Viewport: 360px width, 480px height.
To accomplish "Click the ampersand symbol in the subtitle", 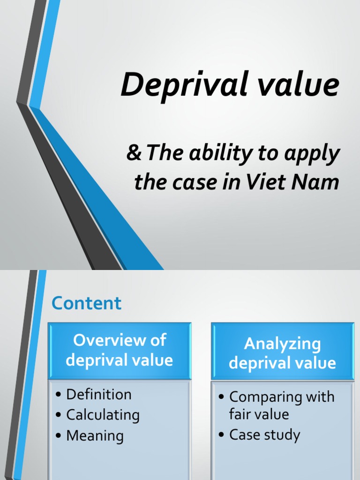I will [134, 154].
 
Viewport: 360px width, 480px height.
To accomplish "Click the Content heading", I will [87, 303].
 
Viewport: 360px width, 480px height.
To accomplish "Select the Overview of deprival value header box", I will [120, 350].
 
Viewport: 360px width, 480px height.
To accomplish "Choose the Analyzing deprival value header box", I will [282, 353].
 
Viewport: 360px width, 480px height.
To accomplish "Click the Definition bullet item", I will [99, 394].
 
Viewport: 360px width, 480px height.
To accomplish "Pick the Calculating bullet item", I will [103, 415].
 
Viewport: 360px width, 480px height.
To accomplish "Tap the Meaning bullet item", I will [95, 435].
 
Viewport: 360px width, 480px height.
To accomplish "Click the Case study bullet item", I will [264, 435].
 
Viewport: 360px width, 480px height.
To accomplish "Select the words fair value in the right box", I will [259, 414].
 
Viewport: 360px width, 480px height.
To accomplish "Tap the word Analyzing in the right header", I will [282, 344].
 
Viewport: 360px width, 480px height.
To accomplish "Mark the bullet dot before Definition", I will [58, 395].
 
